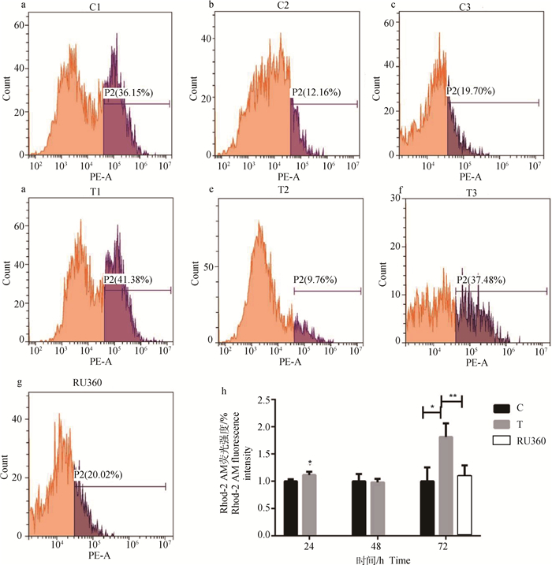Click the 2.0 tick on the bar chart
(266, 426)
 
